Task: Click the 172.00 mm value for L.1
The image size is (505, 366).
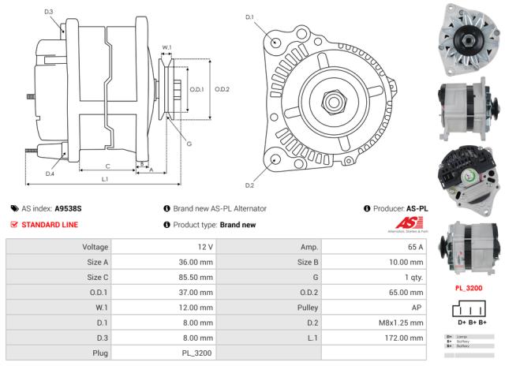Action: tap(407, 338)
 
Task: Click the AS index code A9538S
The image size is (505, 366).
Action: tap(68, 208)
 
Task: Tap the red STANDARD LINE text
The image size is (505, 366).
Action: tap(50, 225)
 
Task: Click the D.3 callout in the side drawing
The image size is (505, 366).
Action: tap(49, 12)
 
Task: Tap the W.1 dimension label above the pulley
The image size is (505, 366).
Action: tap(167, 48)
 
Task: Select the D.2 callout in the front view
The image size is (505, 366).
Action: tap(249, 185)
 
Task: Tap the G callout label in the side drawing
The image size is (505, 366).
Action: tap(189, 143)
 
